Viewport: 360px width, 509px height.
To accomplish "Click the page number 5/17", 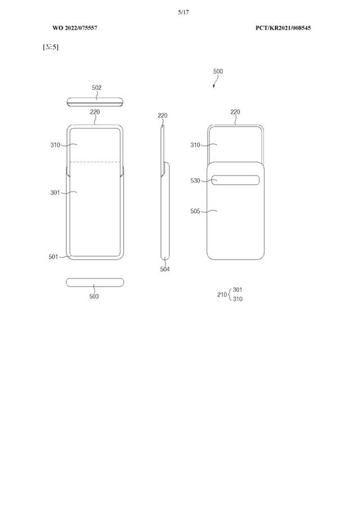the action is pos(183,12).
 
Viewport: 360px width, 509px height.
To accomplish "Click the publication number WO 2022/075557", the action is pos(75,28).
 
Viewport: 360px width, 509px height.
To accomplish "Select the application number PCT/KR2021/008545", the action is pos(283,28).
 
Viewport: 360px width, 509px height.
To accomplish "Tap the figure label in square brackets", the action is pos(51,47).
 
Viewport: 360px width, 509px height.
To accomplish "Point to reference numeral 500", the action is pos(218,71).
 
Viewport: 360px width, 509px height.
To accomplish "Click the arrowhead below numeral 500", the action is pos(214,86).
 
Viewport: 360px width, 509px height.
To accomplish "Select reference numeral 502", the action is pos(97,88).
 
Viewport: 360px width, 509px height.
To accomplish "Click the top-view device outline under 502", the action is pos(96,102).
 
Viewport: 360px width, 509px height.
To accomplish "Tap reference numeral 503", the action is pos(94,296).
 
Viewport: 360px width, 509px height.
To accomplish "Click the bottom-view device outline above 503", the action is pos(95,282).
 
